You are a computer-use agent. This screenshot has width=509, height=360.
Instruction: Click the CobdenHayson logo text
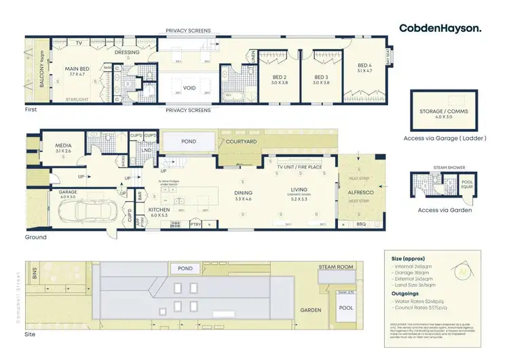[440, 28]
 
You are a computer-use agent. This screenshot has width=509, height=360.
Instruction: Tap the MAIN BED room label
[78, 69]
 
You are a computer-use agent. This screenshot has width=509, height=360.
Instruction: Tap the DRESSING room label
[126, 52]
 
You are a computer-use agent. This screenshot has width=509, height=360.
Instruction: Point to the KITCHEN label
[158, 210]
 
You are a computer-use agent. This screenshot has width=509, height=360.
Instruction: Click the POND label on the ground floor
[189, 142]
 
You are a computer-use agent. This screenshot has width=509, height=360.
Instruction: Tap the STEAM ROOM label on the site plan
[336, 268]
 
